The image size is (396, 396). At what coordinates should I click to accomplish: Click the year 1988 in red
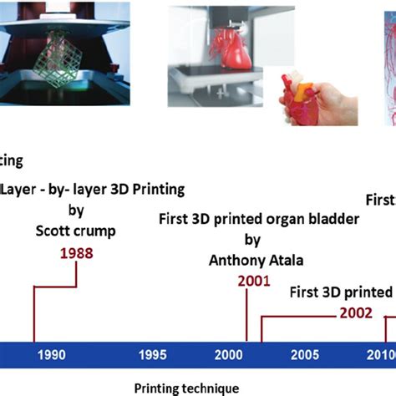pyautogui.click(x=75, y=252)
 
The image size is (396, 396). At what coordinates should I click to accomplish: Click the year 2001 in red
pyautogui.click(x=253, y=281)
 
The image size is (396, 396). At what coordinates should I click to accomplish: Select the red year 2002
pyautogui.click(x=357, y=313)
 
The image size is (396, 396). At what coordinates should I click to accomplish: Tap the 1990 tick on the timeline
pyautogui.click(x=51, y=354)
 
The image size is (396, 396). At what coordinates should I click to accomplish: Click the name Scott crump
pyautogui.click(x=75, y=231)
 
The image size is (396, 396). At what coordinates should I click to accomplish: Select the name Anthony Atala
pyautogui.click(x=253, y=260)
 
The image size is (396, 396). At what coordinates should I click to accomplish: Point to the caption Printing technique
pyautogui.click(x=186, y=388)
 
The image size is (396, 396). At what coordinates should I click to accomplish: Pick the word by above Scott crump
pyautogui.click(x=75, y=210)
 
